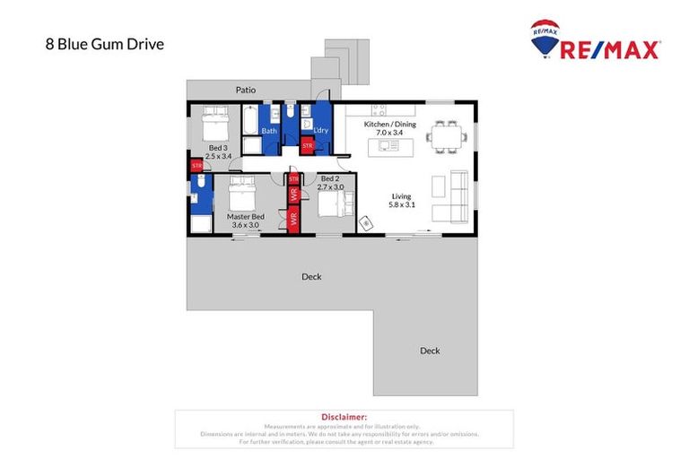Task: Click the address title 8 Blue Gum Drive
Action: [x=104, y=43]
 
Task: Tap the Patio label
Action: [x=245, y=90]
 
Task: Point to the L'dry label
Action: [x=319, y=131]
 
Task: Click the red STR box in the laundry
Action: [x=307, y=145]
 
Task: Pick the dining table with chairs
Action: [x=447, y=137]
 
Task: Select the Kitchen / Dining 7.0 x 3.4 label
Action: [x=389, y=128]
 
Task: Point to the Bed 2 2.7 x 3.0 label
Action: [x=331, y=183]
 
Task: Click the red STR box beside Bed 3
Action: [x=196, y=166]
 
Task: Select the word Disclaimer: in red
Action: [x=344, y=417]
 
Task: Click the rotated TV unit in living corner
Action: [x=365, y=221]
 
